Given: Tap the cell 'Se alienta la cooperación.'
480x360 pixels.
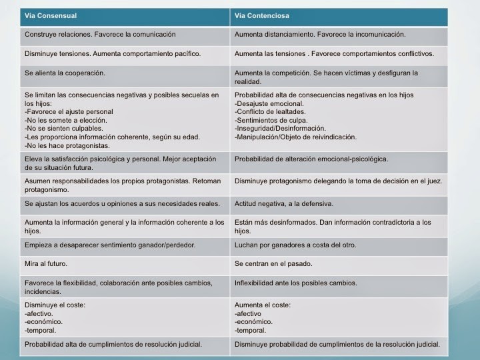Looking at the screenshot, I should click(65, 73).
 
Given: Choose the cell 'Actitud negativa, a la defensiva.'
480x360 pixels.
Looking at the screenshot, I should click(283, 203).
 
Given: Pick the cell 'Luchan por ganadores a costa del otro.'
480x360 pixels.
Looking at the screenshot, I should click(295, 245).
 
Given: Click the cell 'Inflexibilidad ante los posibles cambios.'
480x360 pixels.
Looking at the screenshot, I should click(295, 283).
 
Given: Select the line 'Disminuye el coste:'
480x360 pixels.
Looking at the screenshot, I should click(55, 305).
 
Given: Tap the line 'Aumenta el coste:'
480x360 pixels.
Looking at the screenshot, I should click(263, 305).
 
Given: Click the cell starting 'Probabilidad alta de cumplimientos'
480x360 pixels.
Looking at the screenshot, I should click(113, 345).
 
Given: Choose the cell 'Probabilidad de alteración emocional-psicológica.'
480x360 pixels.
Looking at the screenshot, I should click(311, 159).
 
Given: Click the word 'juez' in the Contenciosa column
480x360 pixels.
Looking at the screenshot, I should click(435, 181).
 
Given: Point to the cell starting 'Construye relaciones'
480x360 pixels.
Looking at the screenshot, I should click(100, 34).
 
